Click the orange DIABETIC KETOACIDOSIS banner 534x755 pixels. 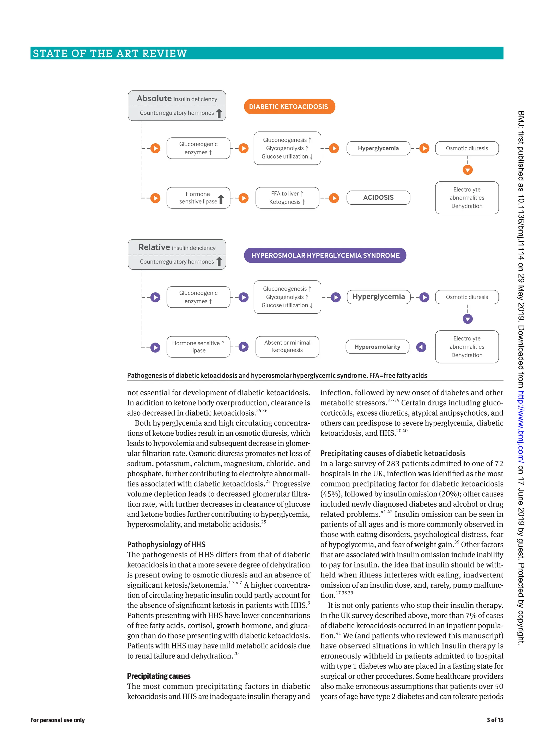289,107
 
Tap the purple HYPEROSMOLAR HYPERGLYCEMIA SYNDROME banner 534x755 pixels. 325,255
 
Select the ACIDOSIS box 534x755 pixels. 378,198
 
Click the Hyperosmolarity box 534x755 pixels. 377,347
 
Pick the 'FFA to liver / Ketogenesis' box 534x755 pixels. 287,198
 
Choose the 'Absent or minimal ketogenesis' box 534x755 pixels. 287,346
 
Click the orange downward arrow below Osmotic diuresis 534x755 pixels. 467,170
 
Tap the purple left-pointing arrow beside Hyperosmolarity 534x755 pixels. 421,347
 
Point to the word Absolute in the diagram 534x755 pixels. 154,98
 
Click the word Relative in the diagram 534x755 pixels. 154,247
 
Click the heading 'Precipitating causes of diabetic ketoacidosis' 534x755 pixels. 393,453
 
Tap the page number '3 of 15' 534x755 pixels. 495,720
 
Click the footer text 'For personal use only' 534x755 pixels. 58,720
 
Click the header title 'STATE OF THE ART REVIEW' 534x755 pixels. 110,53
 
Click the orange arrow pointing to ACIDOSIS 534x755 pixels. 334,198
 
